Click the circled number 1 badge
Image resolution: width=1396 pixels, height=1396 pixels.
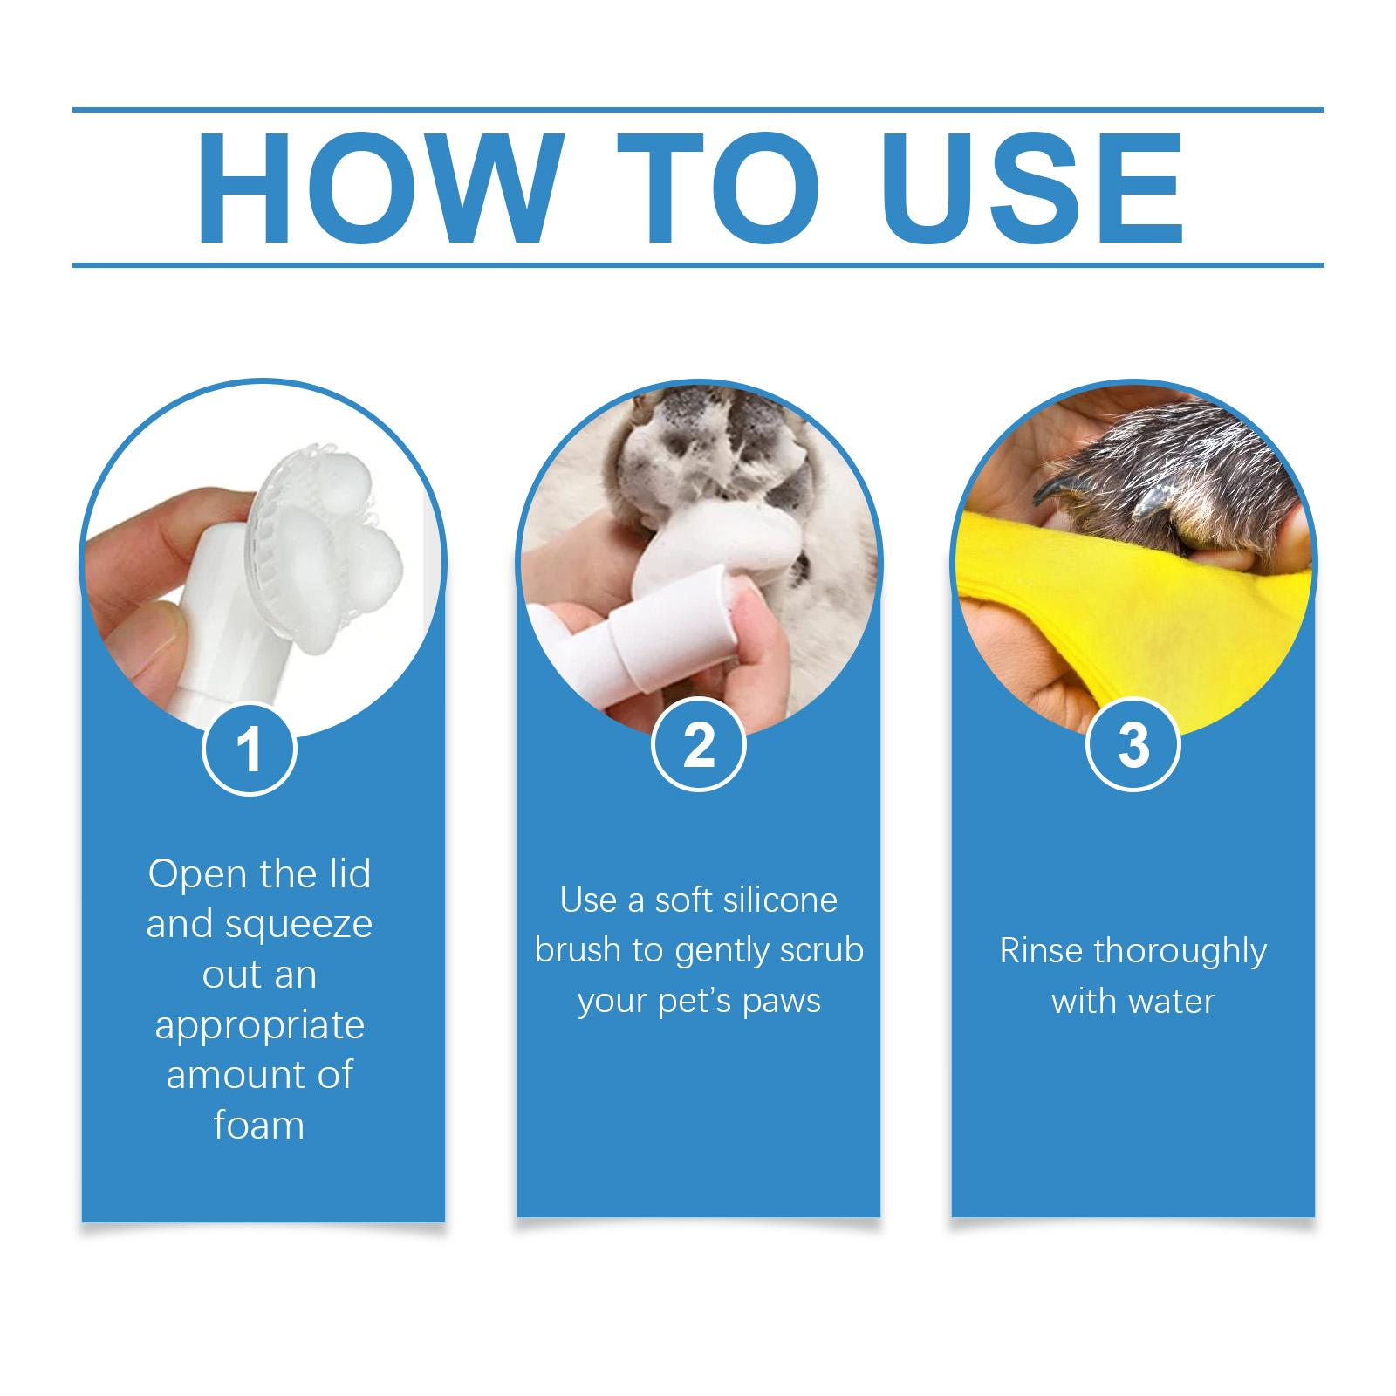tap(250, 749)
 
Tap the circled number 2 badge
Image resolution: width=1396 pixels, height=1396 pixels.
tap(698, 746)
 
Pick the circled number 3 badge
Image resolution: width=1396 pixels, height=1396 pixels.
tap(1133, 746)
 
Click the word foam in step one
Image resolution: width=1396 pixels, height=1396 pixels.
tap(259, 1126)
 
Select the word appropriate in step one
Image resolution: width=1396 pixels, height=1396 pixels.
tap(259, 1026)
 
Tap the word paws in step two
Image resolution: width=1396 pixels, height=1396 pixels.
tap(782, 1001)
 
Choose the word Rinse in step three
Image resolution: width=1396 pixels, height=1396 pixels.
tap(1040, 950)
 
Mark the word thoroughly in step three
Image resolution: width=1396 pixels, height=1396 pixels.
tap(1180, 951)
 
